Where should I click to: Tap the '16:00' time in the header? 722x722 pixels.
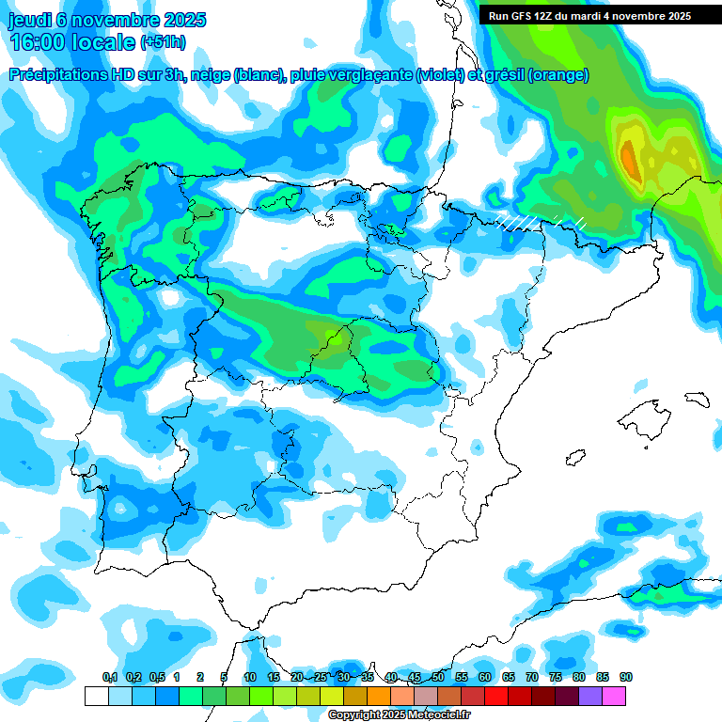pos(38,42)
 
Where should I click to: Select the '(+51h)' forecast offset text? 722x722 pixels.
pos(163,43)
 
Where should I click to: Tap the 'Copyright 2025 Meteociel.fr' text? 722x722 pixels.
pos(399,715)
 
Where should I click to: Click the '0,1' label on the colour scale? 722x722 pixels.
pos(110,678)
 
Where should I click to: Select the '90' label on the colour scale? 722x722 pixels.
pos(626,678)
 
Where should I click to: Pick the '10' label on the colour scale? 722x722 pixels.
pos(250,678)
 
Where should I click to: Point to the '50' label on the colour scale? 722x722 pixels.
pos(438,678)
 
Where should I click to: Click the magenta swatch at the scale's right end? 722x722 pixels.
pos(614,696)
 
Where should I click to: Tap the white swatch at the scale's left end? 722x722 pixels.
pos(96,696)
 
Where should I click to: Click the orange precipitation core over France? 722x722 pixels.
pos(629,155)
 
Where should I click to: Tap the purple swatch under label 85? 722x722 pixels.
pos(590,696)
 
